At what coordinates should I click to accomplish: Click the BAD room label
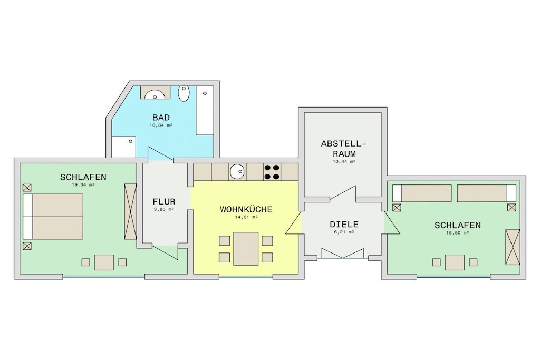tap(161, 118)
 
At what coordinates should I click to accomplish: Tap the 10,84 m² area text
tap(161, 125)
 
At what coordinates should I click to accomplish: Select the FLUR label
tap(164, 202)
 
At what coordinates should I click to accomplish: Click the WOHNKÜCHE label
tap(246, 209)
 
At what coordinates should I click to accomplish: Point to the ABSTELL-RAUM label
tap(344, 149)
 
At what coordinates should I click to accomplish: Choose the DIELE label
tap(344, 225)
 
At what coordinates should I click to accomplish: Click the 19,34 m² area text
tap(83, 184)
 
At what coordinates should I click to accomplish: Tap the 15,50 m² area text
tap(457, 232)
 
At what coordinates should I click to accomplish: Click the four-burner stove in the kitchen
tap(272, 172)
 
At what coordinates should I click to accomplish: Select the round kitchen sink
tap(237, 172)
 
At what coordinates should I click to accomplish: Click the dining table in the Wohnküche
tap(246, 249)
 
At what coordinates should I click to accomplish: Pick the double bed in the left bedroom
tap(53, 217)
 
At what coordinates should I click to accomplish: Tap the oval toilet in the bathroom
tap(184, 93)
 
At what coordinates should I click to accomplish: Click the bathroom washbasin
tap(155, 93)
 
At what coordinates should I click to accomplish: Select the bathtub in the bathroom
tap(205, 110)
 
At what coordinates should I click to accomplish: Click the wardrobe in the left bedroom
tap(131, 211)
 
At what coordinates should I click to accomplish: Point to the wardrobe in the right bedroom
tap(513, 247)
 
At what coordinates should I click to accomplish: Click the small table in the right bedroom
tap(455, 262)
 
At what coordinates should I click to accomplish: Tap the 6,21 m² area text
tap(344, 232)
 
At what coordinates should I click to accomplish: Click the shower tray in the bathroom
tap(123, 147)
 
